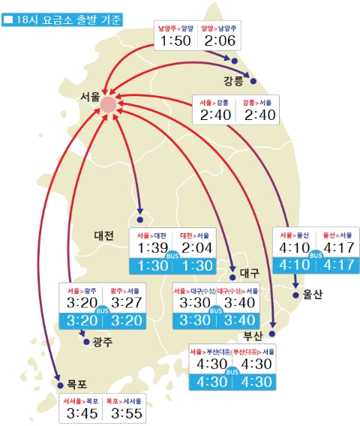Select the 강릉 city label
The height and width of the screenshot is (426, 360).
point(233,80)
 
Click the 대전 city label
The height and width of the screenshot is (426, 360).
point(104,235)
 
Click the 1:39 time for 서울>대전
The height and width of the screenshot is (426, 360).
point(152,247)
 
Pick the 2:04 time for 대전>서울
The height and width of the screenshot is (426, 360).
point(196,247)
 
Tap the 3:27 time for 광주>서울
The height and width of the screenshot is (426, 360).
point(125,302)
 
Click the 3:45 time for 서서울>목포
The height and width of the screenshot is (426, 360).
point(81,413)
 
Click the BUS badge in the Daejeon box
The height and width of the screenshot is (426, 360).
point(175,256)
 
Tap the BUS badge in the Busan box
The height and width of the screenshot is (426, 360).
point(232,370)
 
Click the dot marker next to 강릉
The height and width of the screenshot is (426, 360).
point(253,81)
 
